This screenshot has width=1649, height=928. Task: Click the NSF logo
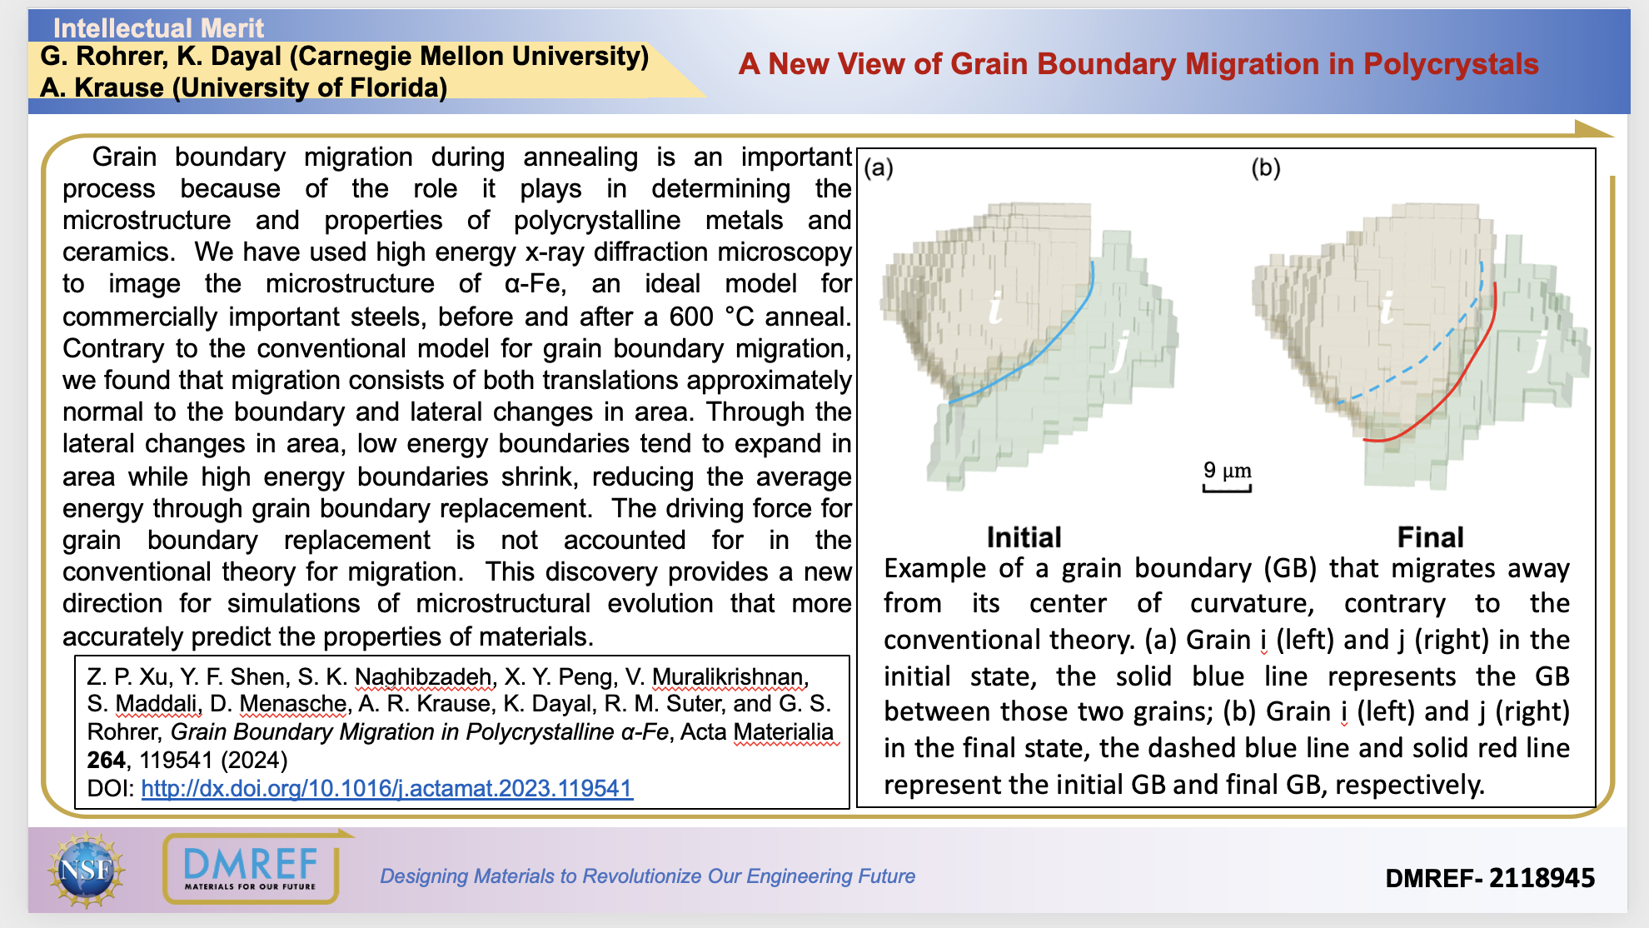(86, 871)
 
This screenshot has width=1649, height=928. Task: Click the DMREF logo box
(251, 869)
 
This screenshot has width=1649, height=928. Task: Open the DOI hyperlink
(386, 788)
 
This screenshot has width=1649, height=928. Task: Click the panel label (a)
(879, 168)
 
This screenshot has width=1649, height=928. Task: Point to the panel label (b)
(1265, 168)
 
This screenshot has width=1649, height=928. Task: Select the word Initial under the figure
(1024, 537)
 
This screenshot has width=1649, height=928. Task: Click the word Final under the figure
(1430, 537)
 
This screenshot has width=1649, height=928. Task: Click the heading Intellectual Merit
(158, 28)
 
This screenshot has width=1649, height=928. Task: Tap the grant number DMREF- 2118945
(1489, 877)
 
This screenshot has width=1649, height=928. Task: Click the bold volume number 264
(107, 760)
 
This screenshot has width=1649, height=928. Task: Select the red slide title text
(1138, 64)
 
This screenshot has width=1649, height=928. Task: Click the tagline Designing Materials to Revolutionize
(647, 876)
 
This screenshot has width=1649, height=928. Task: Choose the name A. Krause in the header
(102, 87)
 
